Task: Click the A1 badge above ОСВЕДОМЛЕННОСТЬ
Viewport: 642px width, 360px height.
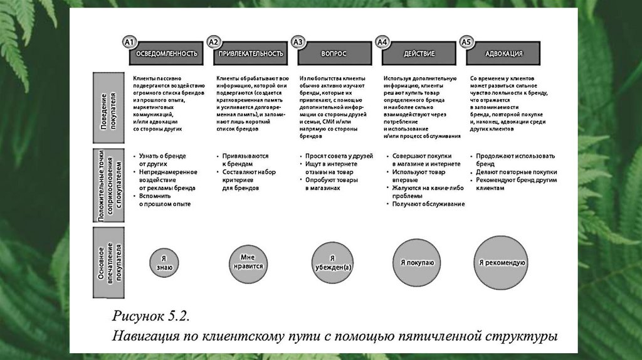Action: point(130,43)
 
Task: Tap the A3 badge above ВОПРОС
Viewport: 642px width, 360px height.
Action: point(298,43)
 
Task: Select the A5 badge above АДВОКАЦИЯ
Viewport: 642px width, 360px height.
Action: point(465,43)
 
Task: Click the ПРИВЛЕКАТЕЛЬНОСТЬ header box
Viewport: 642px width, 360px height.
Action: point(251,54)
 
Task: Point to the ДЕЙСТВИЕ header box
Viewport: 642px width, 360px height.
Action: point(419,54)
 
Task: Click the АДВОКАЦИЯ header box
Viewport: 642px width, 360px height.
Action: point(503,54)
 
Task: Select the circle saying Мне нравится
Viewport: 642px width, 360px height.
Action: point(249,262)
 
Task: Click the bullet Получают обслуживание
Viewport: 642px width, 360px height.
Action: point(428,204)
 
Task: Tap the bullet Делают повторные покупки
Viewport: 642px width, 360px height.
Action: point(516,171)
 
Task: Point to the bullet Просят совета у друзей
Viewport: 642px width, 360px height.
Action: point(339,156)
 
